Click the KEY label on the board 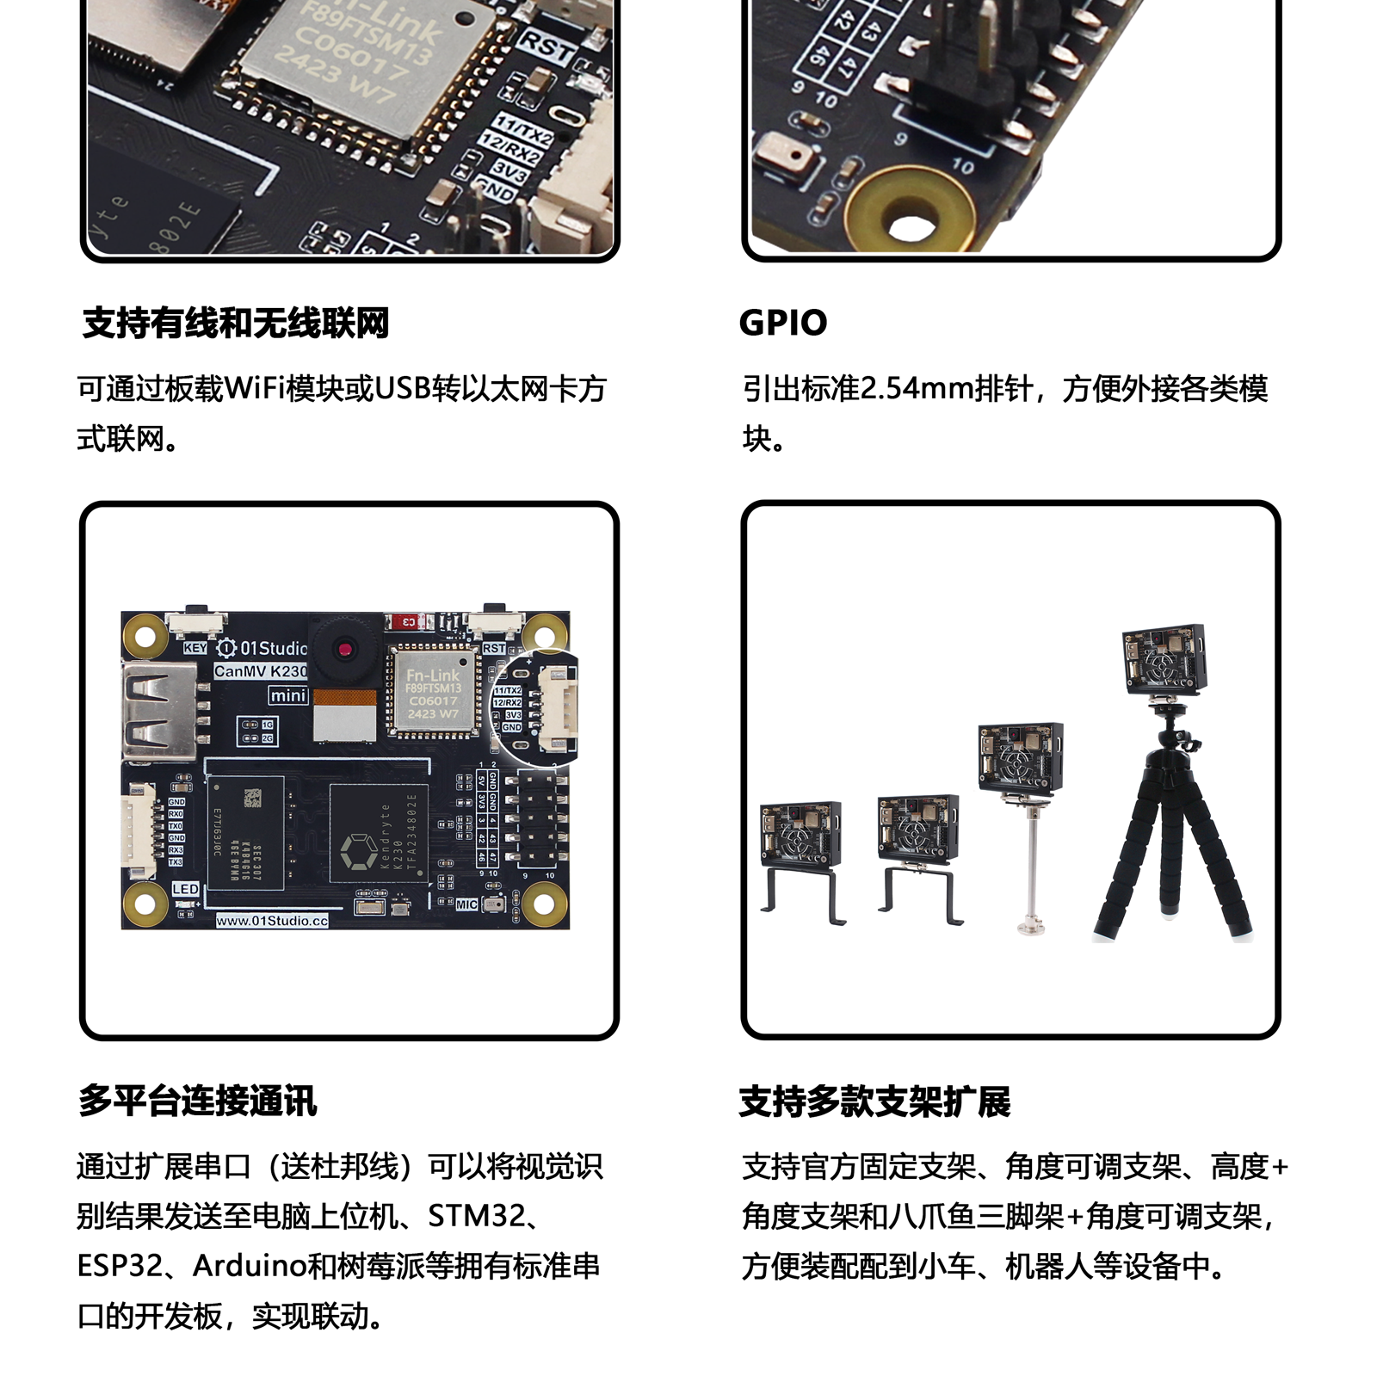[x=195, y=648]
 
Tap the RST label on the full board [x=494, y=648]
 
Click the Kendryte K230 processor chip [x=379, y=833]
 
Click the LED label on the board [x=185, y=889]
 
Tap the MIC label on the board [x=466, y=904]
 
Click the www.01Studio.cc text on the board [x=272, y=921]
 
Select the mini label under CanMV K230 [x=287, y=695]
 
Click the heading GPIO [x=783, y=323]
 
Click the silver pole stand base [x=1030, y=927]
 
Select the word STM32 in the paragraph [x=476, y=1216]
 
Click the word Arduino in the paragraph [x=250, y=1266]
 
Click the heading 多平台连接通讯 [x=198, y=1101]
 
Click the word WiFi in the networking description [x=255, y=389]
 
